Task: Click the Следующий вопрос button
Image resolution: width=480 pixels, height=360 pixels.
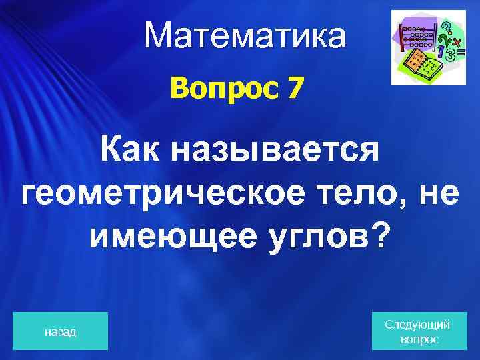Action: (x=418, y=331)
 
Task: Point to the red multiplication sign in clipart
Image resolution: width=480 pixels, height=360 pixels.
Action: (x=457, y=41)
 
